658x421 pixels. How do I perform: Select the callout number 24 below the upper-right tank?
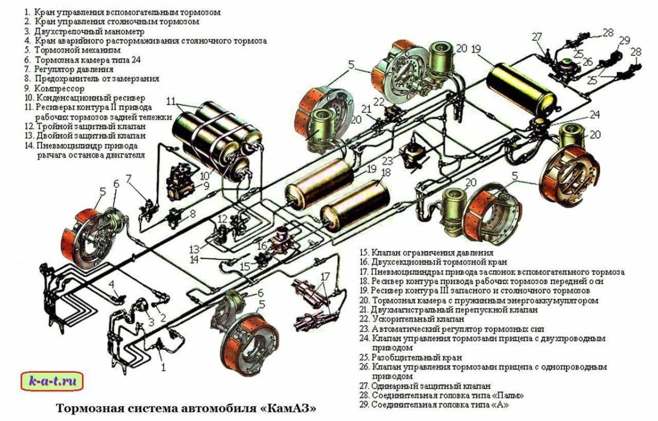pos(595,115)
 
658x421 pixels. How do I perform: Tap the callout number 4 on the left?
pos(111,284)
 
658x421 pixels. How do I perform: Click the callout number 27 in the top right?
pos(537,37)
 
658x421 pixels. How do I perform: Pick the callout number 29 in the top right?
pos(624,41)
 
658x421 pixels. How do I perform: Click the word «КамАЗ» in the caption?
pos(290,408)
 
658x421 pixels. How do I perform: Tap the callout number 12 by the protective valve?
pos(222,219)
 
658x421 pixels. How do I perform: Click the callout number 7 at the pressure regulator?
pos(128,179)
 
